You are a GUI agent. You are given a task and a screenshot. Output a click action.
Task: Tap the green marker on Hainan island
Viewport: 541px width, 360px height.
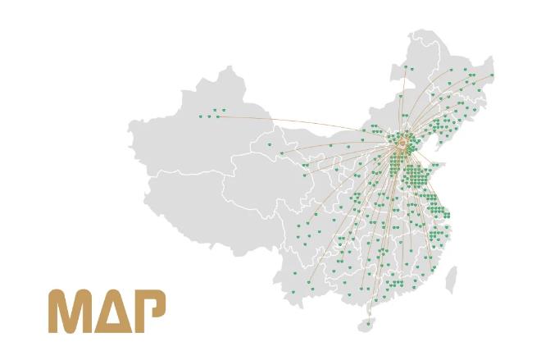pos(368,322)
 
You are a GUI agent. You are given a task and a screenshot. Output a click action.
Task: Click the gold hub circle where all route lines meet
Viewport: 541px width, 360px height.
pos(401,144)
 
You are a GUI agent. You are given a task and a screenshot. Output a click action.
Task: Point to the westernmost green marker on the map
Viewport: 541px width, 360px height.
pos(199,116)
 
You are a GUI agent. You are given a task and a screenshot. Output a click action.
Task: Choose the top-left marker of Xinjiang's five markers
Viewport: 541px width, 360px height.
pos(214,110)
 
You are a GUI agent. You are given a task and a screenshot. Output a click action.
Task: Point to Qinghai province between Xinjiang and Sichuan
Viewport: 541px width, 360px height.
pos(262,180)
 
